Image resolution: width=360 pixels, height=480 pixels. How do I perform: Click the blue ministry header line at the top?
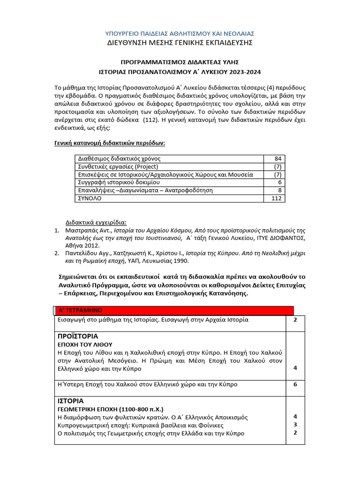point(180,33)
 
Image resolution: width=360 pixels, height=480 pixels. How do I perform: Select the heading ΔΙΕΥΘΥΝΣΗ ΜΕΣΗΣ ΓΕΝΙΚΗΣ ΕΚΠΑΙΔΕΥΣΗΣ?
point(180,43)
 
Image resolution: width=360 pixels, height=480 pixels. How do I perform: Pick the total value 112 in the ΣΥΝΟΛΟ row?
point(278,198)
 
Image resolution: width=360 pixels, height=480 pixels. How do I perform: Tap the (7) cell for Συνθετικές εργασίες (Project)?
point(277,167)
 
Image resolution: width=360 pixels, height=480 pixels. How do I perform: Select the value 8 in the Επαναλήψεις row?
point(279,190)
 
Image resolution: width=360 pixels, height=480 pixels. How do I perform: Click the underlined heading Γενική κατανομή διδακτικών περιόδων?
point(110,142)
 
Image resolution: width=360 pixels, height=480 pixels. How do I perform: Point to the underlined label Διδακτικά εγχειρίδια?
point(96,222)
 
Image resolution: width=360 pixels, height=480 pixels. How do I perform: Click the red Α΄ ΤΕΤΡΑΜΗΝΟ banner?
point(173,310)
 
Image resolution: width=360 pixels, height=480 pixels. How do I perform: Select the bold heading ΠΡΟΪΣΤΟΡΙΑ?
point(78,336)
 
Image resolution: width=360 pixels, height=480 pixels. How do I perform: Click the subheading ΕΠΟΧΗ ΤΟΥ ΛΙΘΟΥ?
point(85,344)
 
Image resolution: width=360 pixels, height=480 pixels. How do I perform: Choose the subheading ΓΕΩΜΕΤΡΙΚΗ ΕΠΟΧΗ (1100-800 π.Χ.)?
point(110,409)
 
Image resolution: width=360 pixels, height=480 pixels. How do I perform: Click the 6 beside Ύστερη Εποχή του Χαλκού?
point(295,384)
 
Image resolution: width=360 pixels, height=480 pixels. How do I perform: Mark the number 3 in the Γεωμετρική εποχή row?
point(295,425)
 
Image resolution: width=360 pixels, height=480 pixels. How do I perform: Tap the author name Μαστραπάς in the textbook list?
point(81,230)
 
